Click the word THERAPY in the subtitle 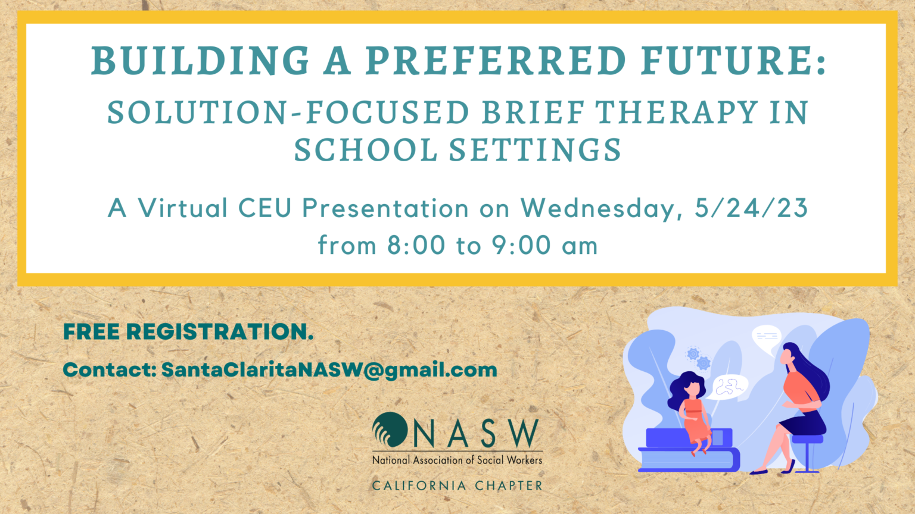(677, 113)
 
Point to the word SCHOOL (366, 150)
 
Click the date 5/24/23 (751, 208)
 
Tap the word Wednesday (602, 208)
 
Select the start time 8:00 (416, 245)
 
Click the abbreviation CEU (265, 208)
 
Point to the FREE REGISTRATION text (188, 332)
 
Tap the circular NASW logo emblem (389, 430)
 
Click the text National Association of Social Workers (457, 460)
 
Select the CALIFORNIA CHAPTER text (457, 486)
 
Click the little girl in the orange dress (692, 410)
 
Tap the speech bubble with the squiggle (730, 387)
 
